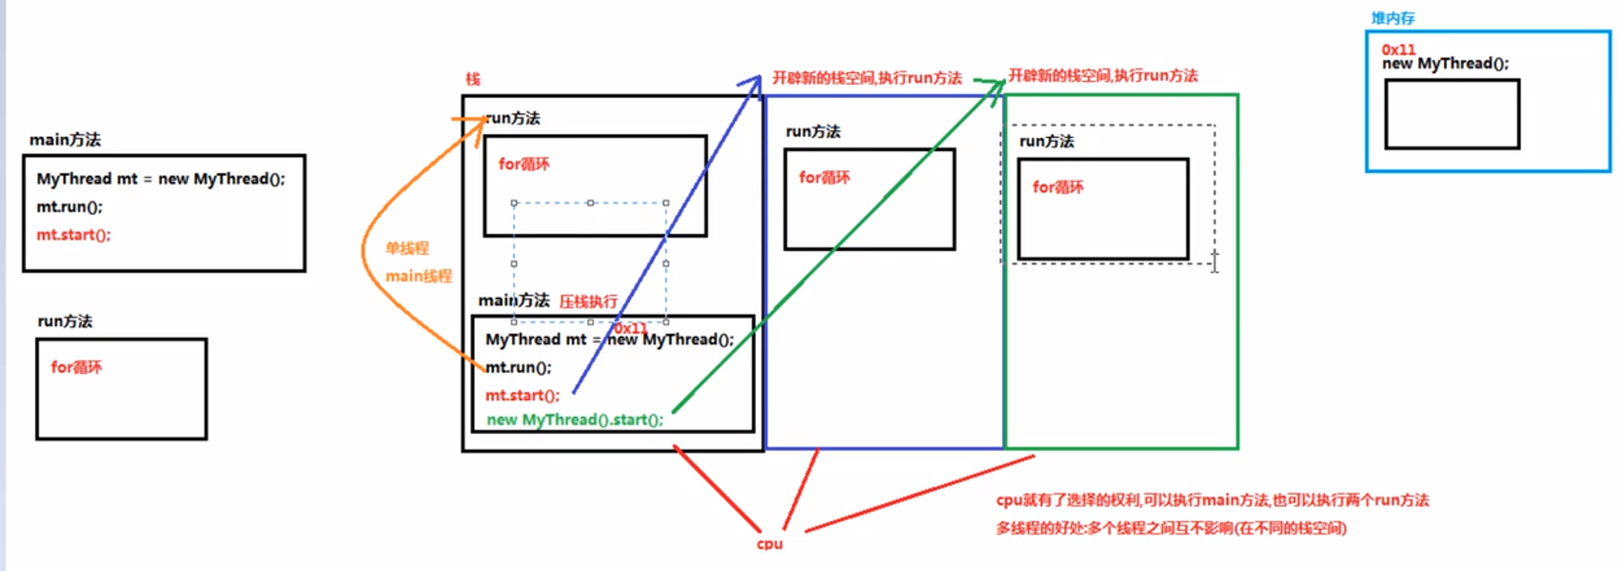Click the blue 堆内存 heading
[x=1392, y=18]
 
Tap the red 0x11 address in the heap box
[x=1398, y=49]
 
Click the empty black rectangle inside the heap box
[x=1451, y=114]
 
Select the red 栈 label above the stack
[x=472, y=79]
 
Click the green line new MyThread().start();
[x=574, y=419]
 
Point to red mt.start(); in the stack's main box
[x=522, y=395]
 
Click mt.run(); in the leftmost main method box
[x=69, y=207]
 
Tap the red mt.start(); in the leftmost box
[x=73, y=234]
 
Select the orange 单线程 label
[x=407, y=248]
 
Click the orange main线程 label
[x=418, y=276]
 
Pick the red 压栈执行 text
[x=587, y=302]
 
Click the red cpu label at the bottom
[x=769, y=543]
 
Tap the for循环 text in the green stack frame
[x=1057, y=187]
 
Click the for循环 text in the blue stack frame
[x=824, y=178]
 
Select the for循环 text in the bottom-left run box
[x=76, y=367]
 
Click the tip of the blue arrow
[x=758, y=79]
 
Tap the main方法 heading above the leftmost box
[x=65, y=140]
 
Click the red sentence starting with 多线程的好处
[x=1171, y=529]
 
